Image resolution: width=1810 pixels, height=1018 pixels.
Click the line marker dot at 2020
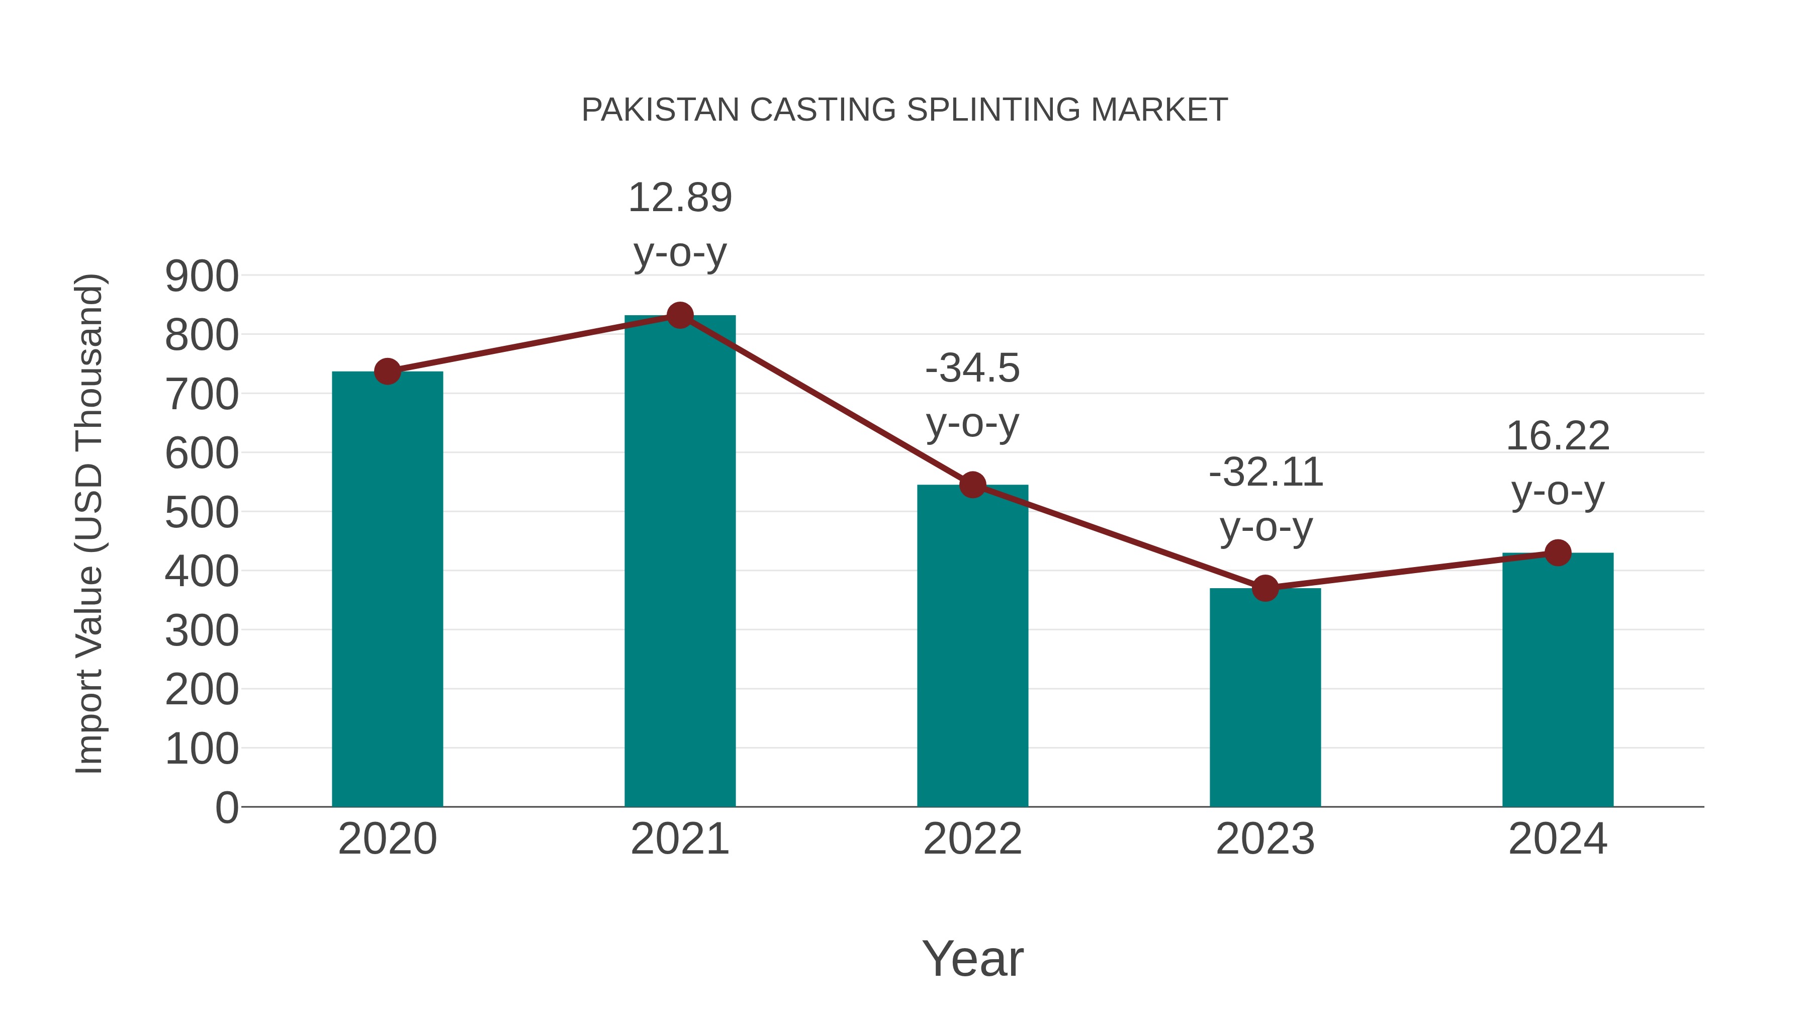pos(387,371)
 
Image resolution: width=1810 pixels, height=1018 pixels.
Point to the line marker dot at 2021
pos(679,315)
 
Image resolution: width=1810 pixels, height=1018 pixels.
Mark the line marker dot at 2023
pos(1265,588)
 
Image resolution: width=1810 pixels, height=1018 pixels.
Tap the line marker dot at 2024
pos(1558,553)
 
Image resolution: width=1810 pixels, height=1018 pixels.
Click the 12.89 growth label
pos(679,198)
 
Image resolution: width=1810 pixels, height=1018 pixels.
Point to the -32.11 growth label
pos(1265,472)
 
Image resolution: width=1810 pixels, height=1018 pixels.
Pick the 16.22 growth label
pos(1558,436)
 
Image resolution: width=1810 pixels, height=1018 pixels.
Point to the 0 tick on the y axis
pos(227,807)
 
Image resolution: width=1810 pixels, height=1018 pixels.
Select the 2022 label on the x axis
pos(972,839)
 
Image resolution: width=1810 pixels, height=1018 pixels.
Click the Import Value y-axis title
pos(90,523)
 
